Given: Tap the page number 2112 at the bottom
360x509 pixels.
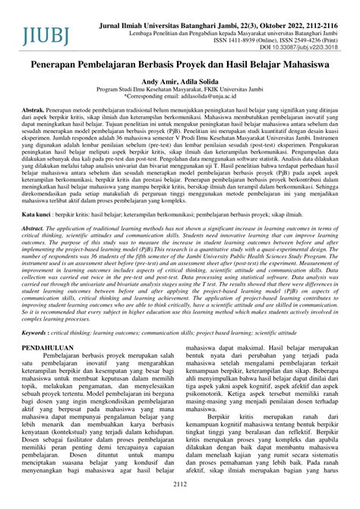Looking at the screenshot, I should [x=180, y=502].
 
